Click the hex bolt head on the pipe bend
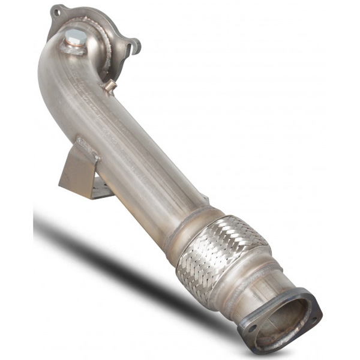pyautogui.click(x=74, y=37)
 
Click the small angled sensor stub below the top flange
pyautogui.click(x=110, y=86)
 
